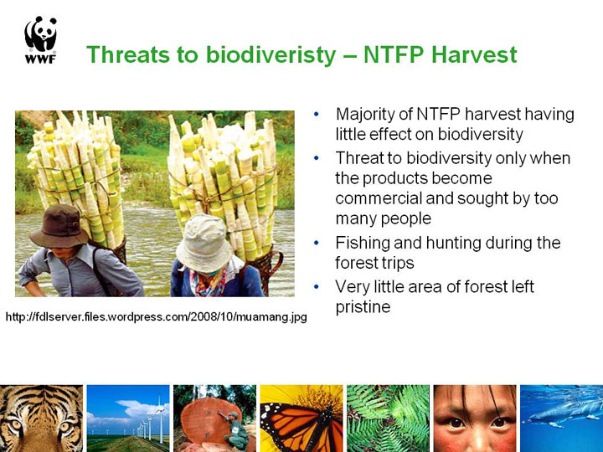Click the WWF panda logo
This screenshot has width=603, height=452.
tap(40, 39)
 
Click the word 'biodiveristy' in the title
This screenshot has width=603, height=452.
tap(271, 55)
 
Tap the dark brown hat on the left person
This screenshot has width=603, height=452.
tap(59, 226)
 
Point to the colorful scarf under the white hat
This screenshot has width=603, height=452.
tap(208, 283)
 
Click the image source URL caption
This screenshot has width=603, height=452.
tap(156, 317)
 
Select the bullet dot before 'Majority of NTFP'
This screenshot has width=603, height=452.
tap(316, 114)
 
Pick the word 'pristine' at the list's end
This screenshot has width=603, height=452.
tap(363, 307)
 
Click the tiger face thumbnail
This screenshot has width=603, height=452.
tap(41, 419)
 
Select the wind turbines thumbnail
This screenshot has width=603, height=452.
tap(128, 419)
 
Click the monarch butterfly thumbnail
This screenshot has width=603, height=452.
tap(301, 419)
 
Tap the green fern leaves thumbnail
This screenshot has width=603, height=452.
tap(388, 419)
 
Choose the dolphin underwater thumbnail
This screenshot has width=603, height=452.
tap(561, 419)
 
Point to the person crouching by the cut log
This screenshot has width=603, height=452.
tap(234, 429)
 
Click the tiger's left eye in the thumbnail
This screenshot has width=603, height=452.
tap(16, 425)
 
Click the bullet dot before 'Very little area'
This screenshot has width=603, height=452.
tap(316, 287)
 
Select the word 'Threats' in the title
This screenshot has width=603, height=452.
tap(128, 54)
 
